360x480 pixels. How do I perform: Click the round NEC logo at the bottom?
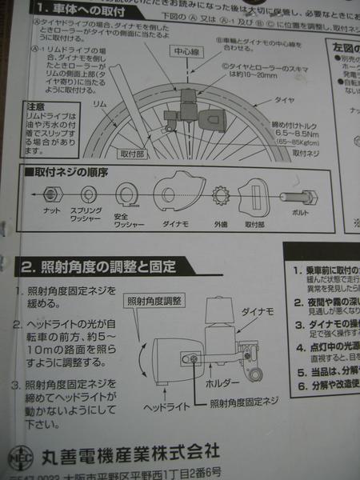click(24, 451)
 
